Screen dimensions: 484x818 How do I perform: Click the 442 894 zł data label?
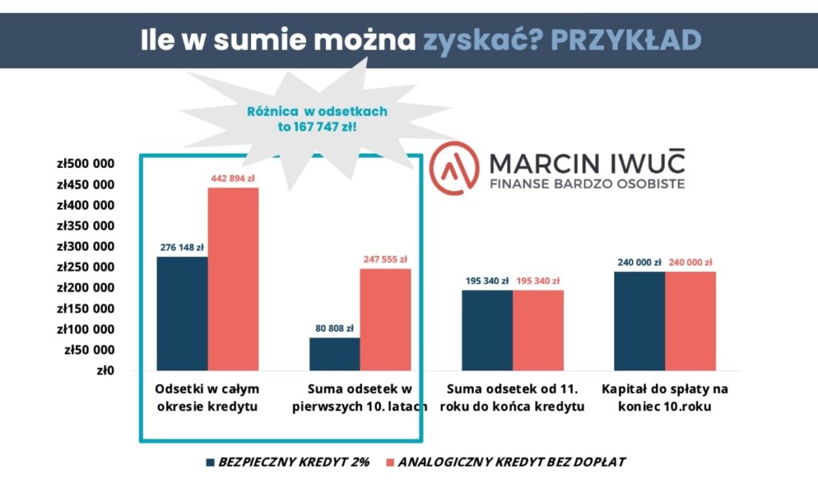(x=233, y=178)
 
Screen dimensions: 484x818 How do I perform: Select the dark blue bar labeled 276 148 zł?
(x=182, y=313)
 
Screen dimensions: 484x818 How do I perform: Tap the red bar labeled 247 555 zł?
(x=385, y=319)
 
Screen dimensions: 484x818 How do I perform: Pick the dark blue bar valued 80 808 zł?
(x=334, y=354)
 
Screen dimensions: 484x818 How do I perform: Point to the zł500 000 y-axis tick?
(x=85, y=164)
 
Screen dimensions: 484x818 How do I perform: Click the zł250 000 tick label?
(x=85, y=267)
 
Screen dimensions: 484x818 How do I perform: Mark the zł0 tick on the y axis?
(x=105, y=370)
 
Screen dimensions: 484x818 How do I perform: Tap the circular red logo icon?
(x=454, y=171)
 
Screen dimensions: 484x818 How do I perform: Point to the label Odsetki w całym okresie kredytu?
(x=207, y=398)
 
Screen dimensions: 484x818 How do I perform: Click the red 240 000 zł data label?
(x=691, y=262)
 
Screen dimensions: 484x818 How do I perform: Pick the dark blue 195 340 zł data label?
(x=486, y=281)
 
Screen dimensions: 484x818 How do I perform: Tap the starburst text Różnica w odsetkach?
(x=318, y=112)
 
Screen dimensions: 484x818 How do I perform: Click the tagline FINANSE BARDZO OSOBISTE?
(x=586, y=186)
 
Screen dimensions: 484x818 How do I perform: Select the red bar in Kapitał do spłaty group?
(x=690, y=321)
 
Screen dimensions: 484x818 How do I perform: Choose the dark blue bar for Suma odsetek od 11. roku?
(x=487, y=330)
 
